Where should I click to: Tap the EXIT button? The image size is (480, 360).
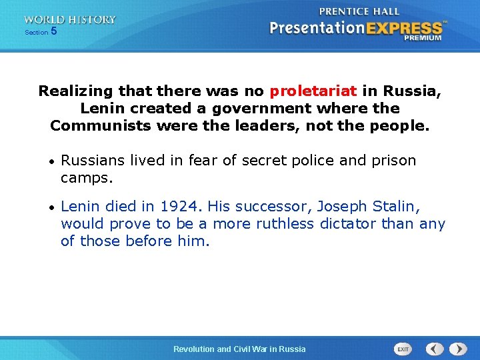click(x=403, y=349)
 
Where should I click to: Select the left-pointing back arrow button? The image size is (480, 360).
click(x=435, y=349)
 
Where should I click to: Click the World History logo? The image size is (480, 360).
click(x=70, y=20)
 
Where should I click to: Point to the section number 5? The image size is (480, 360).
click(x=54, y=31)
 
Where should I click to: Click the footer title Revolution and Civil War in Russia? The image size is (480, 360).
click(x=239, y=349)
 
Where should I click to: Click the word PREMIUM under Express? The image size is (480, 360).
click(x=423, y=39)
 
